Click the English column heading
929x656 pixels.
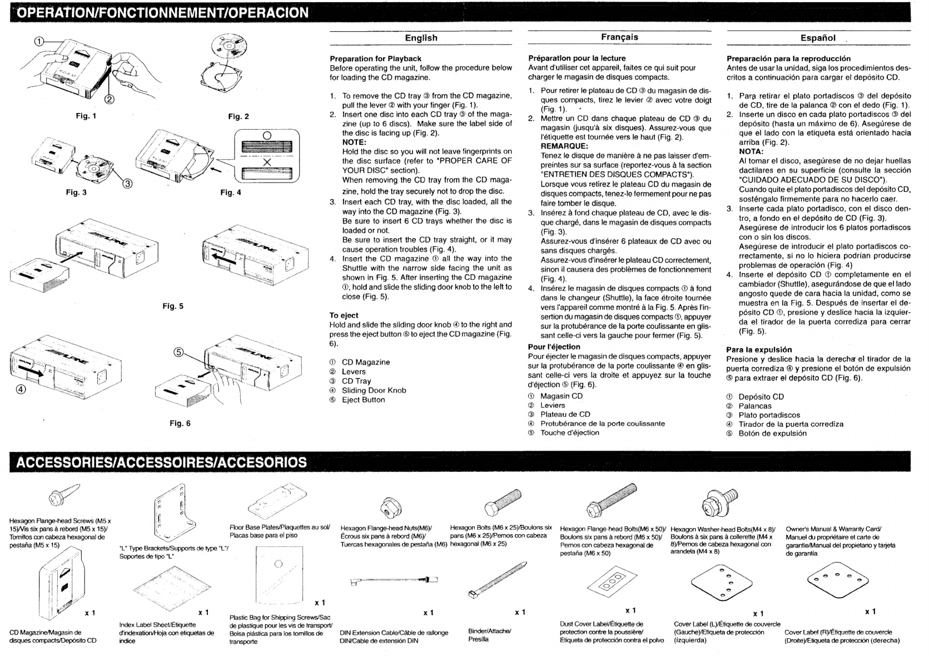point(421,38)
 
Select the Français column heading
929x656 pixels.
point(619,37)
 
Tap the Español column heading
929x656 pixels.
point(818,38)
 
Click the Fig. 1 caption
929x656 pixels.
point(86,116)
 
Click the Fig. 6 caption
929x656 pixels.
point(180,423)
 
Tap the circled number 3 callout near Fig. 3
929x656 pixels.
point(127,185)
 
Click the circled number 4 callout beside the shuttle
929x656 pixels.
point(21,389)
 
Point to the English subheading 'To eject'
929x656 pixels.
point(344,315)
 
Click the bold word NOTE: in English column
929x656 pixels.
point(354,142)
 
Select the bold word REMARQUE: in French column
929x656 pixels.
point(564,146)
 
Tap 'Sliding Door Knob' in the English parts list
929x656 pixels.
point(374,390)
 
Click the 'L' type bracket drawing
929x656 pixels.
point(174,514)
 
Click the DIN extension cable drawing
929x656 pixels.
point(394,581)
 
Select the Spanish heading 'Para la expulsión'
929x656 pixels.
point(759,349)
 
